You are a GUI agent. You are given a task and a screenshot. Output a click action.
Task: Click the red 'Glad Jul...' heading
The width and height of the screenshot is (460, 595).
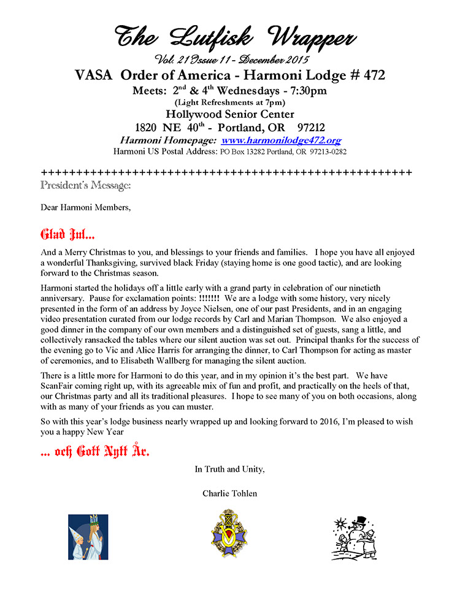click(67, 234)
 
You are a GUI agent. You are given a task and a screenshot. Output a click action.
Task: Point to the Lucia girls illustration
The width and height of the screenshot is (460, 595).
click(88, 537)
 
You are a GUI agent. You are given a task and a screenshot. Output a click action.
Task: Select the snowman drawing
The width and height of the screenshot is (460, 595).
click(355, 537)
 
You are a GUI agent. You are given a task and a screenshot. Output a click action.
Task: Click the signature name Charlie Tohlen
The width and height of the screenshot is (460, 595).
click(229, 493)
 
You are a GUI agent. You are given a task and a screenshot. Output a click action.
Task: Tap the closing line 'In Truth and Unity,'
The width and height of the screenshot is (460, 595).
click(229, 469)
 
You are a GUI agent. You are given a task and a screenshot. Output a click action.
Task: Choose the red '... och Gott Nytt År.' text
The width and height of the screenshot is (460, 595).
click(96, 452)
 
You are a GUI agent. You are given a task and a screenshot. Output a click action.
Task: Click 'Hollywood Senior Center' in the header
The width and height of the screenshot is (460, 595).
click(229, 114)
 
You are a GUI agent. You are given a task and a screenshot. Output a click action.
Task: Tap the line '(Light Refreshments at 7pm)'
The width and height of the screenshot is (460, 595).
click(229, 102)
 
